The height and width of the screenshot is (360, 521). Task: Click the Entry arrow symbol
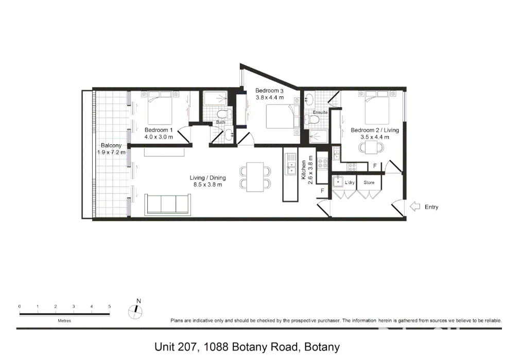coord(414,207)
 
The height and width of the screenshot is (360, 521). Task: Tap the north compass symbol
coord(135,310)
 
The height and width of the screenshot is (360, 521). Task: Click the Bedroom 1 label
coord(159,130)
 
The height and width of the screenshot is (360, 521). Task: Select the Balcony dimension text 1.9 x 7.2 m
coord(111,152)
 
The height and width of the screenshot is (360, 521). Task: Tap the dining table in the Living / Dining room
coord(255,177)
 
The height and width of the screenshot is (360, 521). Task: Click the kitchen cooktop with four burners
coord(323,163)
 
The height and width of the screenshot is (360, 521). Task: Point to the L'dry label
coord(350,183)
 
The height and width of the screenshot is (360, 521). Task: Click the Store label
coord(369,183)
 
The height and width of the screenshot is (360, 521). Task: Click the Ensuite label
coord(320,112)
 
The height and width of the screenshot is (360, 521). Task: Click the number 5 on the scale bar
coord(110,306)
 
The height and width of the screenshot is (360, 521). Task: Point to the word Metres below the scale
coord(64,320)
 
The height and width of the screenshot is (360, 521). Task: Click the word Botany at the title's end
coord(322,347)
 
